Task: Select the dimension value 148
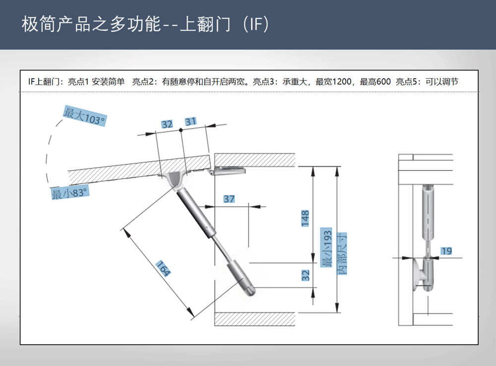pyautogui.click(x=306, y=218)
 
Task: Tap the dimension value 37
pyautogui.click(x=229, y=199)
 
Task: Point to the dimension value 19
pyautogui.click(x=446, y=251)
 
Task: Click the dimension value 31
pyautogui.click(x=191, y=122)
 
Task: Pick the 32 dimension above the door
pyautogui.click(x=167, y=124)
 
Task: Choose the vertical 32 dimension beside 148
pyautogui.click(x=306, y=275)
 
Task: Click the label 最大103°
pyautogui.click(x=84, y=116)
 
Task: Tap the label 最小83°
pyautogui.click(x=69, y=193)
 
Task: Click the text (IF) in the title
pyautogui.click(x=257, y=24)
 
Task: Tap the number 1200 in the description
pyautogui.click(x=341, y=82)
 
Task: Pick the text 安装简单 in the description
pyautogui.click(x=108, y=82)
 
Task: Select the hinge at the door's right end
pyautogui.click(x=227, y=171)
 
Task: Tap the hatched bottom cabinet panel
pyautogui.click(x=255, y=319)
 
